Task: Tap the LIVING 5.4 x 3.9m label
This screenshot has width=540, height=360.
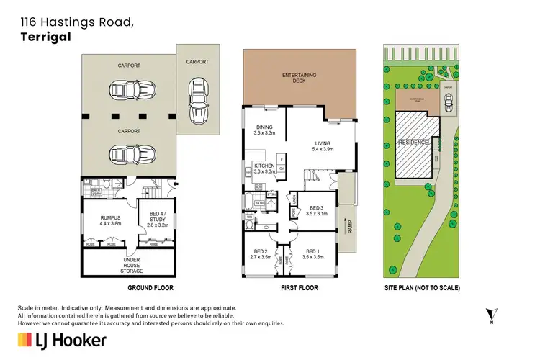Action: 321,146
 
